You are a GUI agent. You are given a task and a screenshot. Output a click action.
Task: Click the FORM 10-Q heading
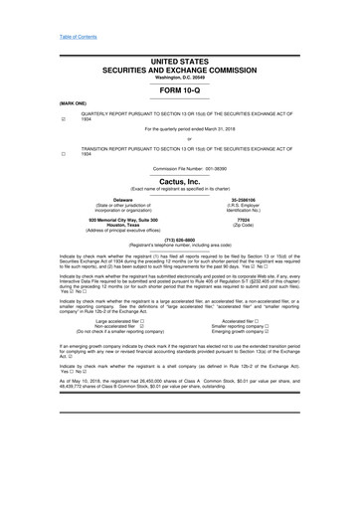click(179, 88)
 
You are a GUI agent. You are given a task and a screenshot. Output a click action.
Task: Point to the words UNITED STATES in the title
click(179, 62)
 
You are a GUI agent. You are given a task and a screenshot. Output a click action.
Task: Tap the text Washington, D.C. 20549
click(179, 78)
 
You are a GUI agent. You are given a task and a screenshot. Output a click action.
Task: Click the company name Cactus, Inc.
click(179, 182)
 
